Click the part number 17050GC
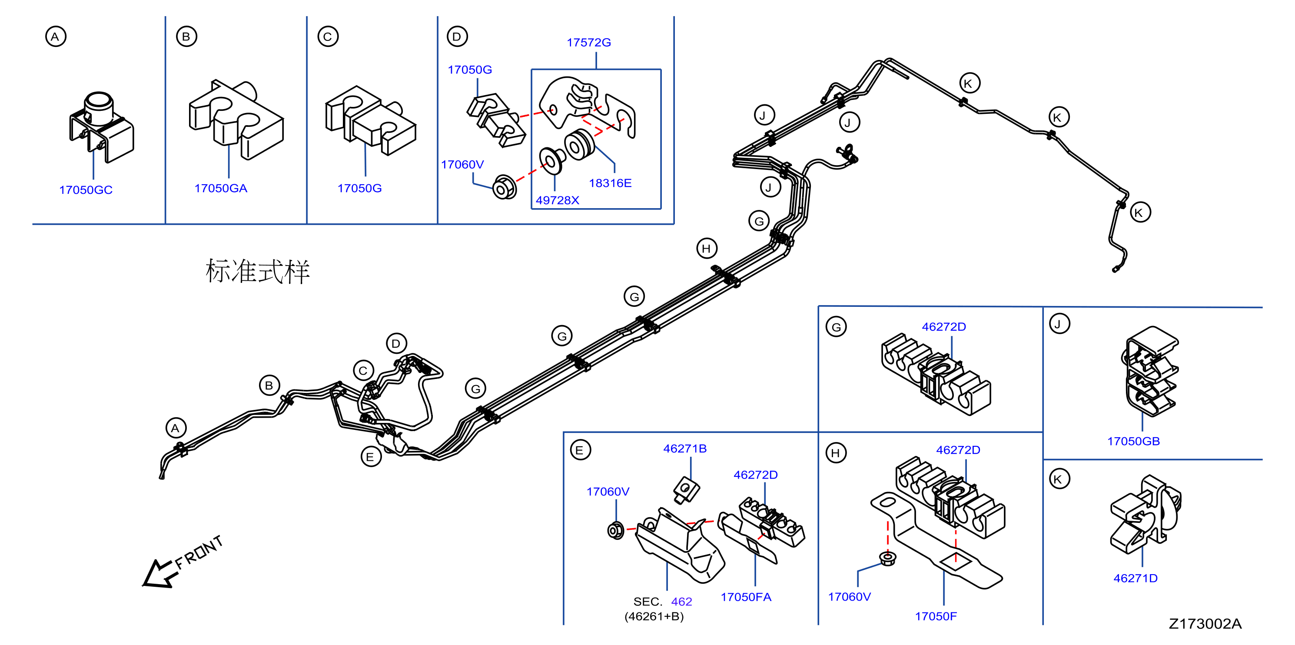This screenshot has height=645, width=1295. (86, 190)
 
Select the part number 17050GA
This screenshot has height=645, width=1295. (221, 189)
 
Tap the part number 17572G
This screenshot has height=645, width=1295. (589, 43)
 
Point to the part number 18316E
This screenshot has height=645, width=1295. (610, 183)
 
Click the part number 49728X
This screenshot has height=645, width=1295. (557, 200)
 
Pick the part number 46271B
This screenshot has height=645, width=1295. (685, 449)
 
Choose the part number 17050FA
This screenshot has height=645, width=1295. (746, 597)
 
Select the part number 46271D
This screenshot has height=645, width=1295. (1135, 578)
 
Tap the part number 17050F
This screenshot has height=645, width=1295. (936, 616)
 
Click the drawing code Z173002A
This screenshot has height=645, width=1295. (1205, 624)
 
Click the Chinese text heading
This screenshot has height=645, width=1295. (257, 272)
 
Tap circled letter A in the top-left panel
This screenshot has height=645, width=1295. (55, 37)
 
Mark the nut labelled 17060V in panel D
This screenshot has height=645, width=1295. (504, 187)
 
